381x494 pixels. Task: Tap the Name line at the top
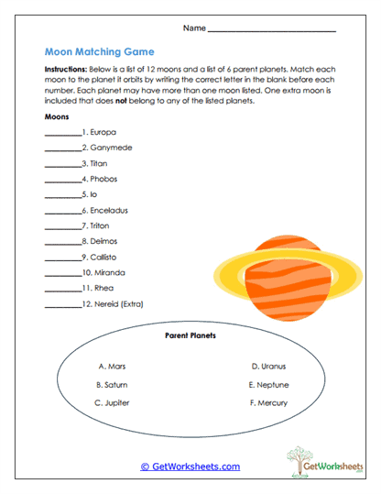272,30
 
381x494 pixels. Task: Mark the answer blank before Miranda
62,274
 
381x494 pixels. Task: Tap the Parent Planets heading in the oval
190,336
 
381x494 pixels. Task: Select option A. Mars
111,366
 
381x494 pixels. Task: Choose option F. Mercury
267,402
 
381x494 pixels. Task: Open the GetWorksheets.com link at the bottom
190,467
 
